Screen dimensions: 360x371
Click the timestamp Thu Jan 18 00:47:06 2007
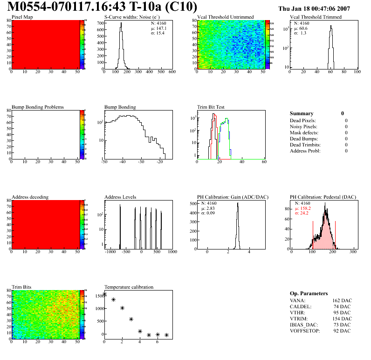pos(321,8)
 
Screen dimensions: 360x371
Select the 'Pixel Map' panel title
pos(22,17)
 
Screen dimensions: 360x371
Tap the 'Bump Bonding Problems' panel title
pos(38,107)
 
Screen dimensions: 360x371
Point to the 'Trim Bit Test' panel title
pos(211,107)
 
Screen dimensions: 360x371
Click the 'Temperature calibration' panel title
pos(129,287)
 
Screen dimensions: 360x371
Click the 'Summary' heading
pos(302,113)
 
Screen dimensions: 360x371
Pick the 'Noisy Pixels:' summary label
pos(303,126)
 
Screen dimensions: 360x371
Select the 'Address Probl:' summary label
pos(305,151)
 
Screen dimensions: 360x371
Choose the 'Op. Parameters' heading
pos(309,293)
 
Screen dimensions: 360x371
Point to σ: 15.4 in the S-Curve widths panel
pos(159,33)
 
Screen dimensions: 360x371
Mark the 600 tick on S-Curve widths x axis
pos(172,72)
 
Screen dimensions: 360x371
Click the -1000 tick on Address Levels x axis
pos(110,252)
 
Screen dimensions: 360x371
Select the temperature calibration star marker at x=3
pos(131,319)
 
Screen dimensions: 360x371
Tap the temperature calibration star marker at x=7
pos(166,335)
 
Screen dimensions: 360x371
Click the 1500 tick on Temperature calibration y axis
pos(99,296)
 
